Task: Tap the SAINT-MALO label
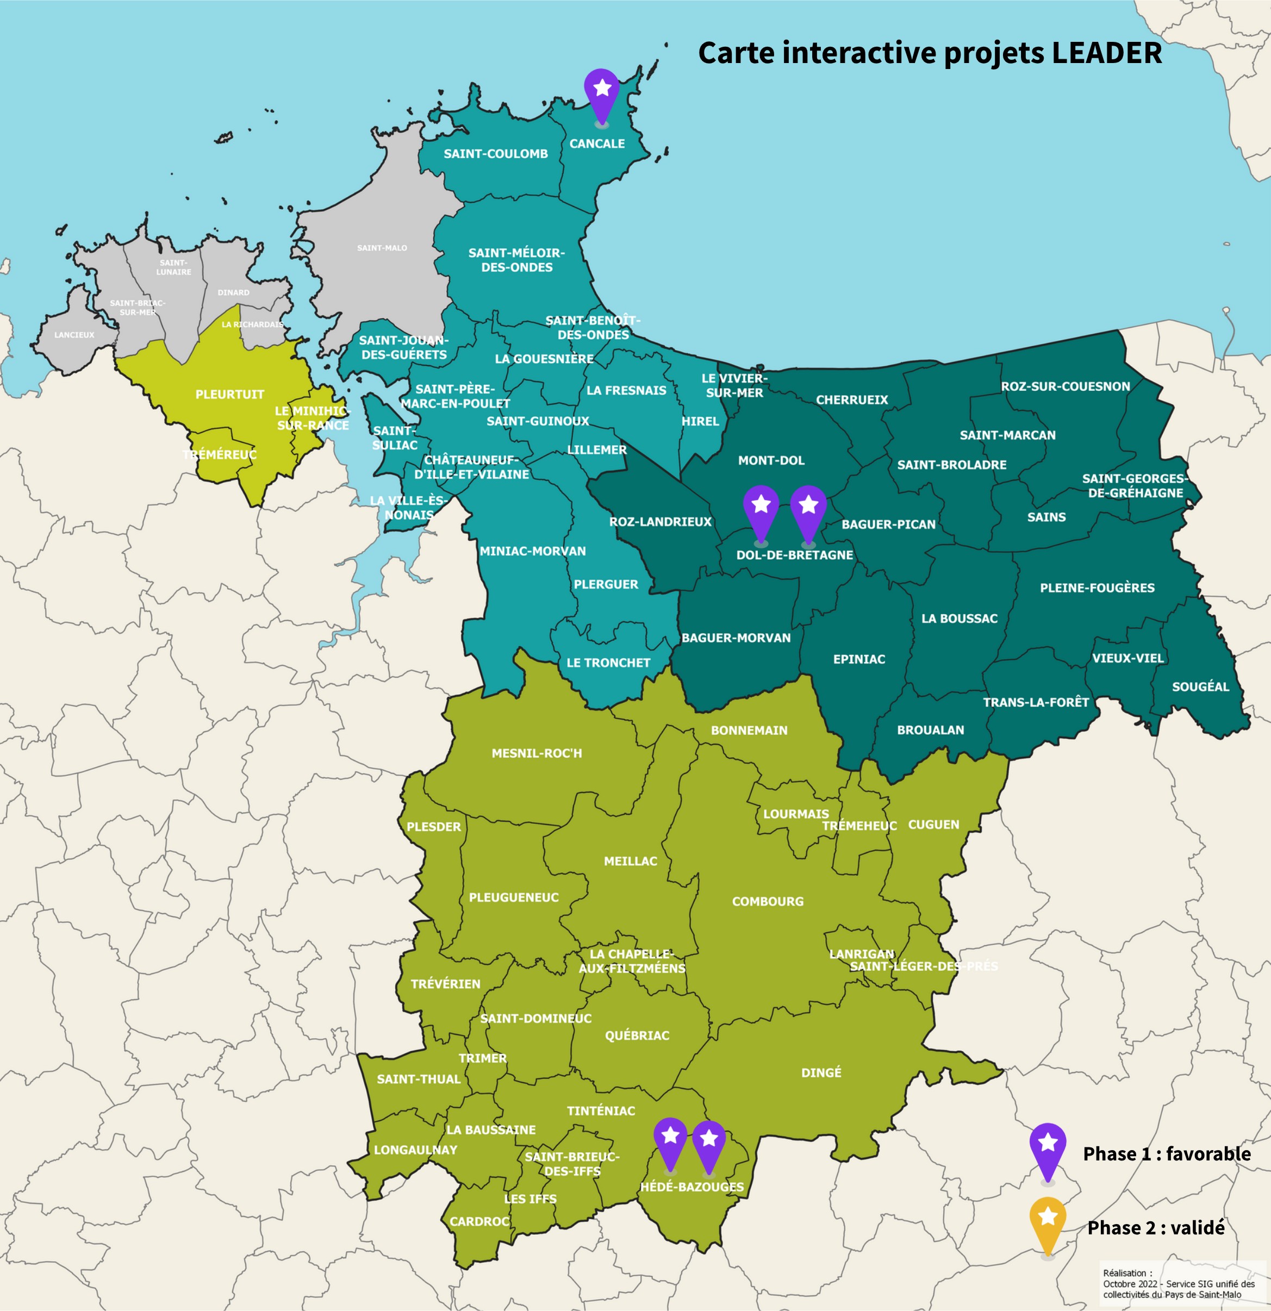pyautogui.click(x=382, y=248)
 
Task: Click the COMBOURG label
pyautogui.click(x=767, y=902)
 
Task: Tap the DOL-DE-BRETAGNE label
pyautogui.click(x=794, y=555)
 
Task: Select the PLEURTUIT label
pyautogui.click(x=229, y=395)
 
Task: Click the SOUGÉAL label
pyautogui.click(x=1200, y=687)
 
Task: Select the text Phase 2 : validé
pyautogui.click(x=1155, y=1228)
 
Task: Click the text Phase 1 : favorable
pyautogui.click(x=1166, y=1154)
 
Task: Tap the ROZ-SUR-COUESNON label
pyautogui.click(x=1065, y=386)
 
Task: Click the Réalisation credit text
pyautogui.click(x=1178, y=1284)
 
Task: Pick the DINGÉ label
pyautogui.click(x=821, y=1073)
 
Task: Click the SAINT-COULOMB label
pyautogui.click(x=495, y=154)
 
